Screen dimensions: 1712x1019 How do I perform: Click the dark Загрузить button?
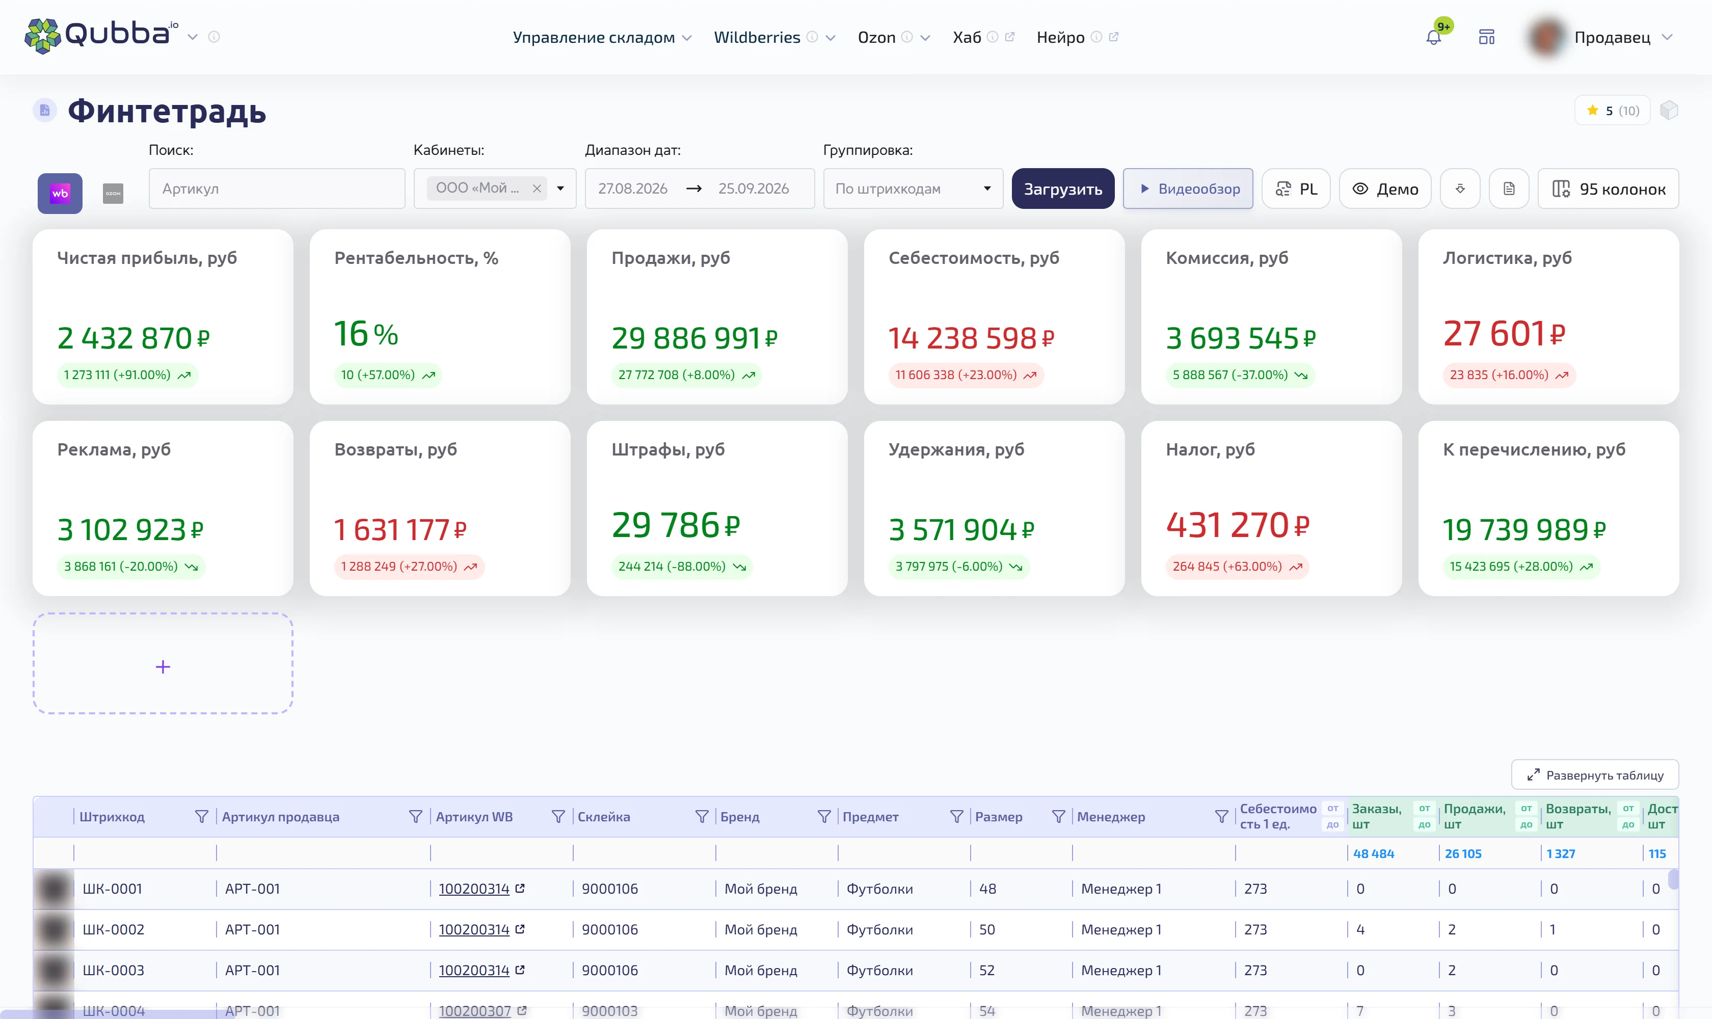click(1062, 189)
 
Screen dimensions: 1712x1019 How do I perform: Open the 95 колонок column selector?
click(1608, 189)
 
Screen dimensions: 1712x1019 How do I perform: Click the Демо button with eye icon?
click(1384, 189)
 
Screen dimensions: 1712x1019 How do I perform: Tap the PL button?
click(1296, 189)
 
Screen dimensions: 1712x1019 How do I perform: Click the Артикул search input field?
click(277, 189)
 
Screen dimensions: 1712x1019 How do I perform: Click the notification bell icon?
click(1433, 38)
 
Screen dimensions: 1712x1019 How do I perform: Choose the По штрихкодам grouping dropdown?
click(913, 189)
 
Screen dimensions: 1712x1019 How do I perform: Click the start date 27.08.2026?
click(632, 189)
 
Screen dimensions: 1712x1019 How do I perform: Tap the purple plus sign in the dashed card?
click(163, 667)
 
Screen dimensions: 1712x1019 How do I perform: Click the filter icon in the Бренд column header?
click(823, 816)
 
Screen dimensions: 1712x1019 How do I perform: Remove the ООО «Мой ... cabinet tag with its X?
click(537, 188)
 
